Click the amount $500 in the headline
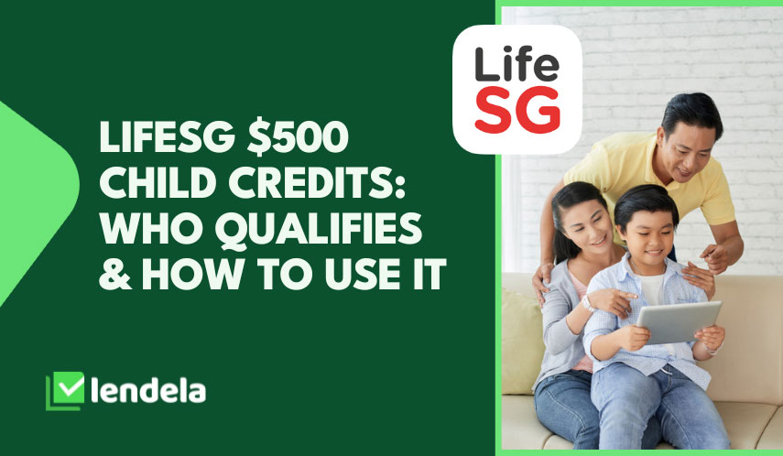pos(298,137)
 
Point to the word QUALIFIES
pos(319,229)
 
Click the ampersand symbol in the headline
pos(115,275)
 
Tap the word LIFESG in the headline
pos(168,137)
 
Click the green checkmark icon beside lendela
pos(65,391)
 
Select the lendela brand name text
pos(148,391)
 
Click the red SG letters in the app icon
pos(517,111)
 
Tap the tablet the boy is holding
pos(679,321)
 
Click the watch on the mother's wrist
pos(587,303)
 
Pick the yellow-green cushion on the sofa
pos(522,341)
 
